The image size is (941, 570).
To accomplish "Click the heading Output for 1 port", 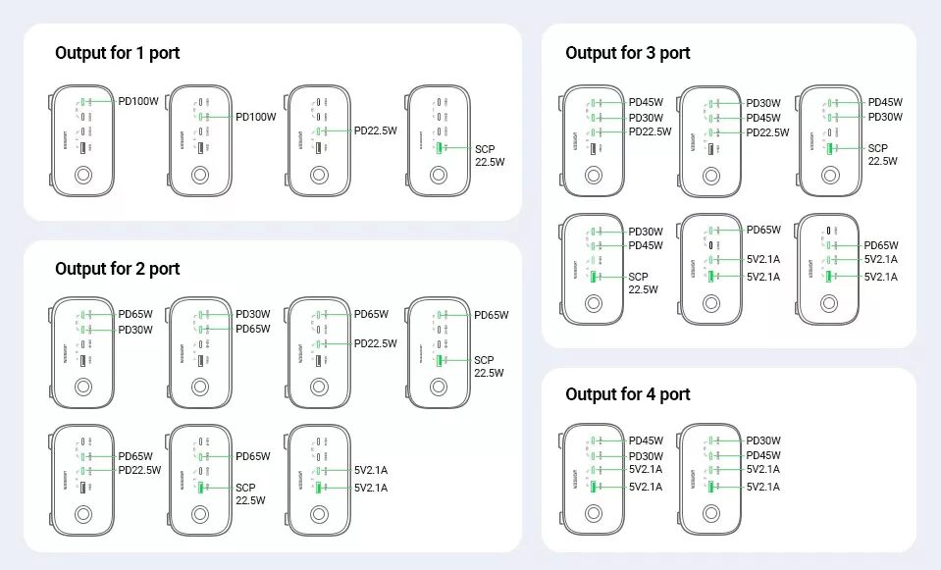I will coord(118,53).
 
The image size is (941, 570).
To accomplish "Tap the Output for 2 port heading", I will coord(118,269).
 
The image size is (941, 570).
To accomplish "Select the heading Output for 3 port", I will coord(628,53).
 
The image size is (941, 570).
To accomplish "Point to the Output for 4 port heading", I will coord(628,394).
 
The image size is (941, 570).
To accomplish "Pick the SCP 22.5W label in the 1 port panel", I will coord(490,155).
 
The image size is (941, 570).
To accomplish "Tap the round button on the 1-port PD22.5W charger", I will coord(319,176).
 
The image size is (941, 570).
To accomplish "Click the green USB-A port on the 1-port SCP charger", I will coord(438,148).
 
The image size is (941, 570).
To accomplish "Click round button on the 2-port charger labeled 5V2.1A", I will coord(319,514).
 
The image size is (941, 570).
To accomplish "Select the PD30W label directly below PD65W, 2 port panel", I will coord(135,330).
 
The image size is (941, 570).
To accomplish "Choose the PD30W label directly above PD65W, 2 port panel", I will coord(253,314).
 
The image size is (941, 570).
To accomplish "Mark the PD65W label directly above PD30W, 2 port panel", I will coord(135,315).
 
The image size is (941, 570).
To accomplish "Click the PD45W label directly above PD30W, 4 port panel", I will coord(646,440).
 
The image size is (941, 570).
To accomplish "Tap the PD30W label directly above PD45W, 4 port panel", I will coord(763,440).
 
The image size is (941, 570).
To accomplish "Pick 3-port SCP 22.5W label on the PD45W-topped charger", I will coord(883,155).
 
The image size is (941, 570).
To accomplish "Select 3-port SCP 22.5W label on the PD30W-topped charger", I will coord(644,284).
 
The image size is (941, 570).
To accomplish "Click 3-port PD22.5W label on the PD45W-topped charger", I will coord(650,131).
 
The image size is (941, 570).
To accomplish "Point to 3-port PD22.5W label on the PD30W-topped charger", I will coord(767,132).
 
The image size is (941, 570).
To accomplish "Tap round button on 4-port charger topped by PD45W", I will coord(594,513).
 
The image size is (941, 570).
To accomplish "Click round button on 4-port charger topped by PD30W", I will coord(711,513).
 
